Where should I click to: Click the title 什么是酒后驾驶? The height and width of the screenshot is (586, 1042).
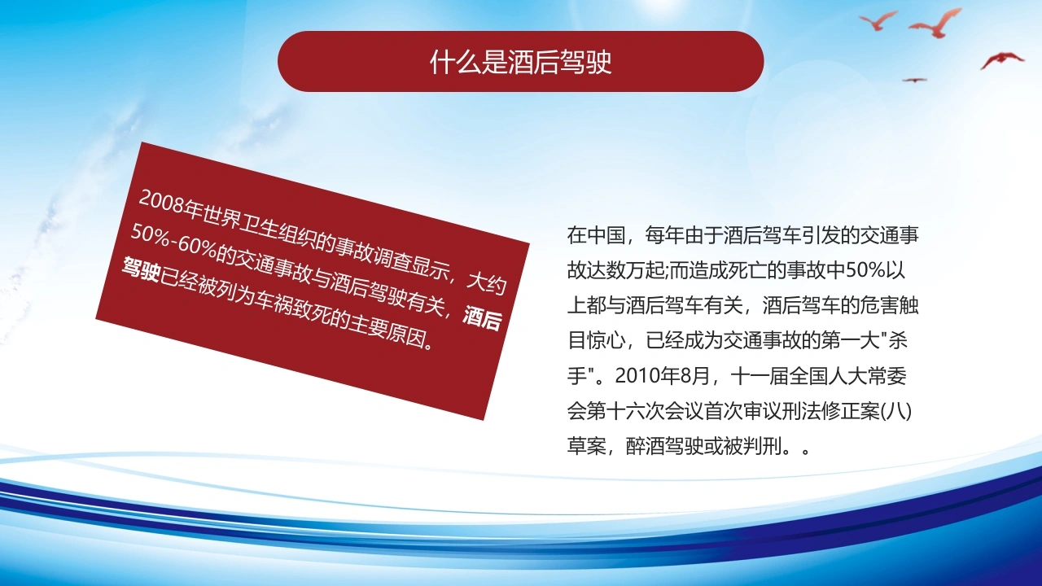(x=520, y=62)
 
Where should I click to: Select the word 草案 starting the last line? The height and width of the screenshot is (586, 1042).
(x=587, y=447)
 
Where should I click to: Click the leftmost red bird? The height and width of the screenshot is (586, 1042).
(x=878, y=20)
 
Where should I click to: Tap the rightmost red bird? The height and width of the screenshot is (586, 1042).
(x=1002, y=60)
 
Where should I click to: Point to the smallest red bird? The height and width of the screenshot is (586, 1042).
(x=914, y=80)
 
